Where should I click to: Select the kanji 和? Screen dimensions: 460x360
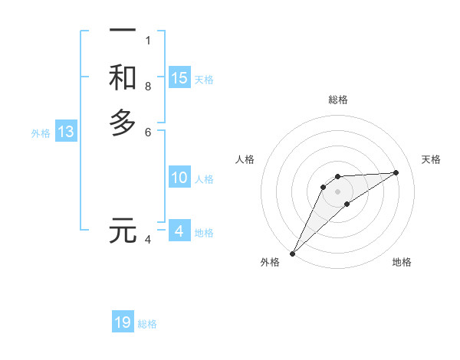(x=123, y=77)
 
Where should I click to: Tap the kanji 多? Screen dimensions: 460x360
(x=123, y=123)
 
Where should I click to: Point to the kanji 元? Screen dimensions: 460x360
(x=123, y=231)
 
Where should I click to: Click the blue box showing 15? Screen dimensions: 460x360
(x=179, y=77)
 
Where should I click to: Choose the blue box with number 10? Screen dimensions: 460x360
(x=179, y=178)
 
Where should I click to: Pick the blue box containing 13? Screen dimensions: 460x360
(x=67, y=132)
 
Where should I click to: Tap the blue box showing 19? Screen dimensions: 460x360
(x=123, y=322)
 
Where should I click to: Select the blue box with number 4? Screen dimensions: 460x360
(x=179, y=231)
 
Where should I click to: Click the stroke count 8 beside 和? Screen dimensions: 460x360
(x=148, y=86)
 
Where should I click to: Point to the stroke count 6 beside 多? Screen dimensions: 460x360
(x=148, y=132)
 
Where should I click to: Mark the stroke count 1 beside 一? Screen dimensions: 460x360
(x=148, y=40)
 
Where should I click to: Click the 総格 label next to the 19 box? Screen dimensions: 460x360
(x=147, y=324)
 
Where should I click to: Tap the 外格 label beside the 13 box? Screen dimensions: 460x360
(x=41, y=133)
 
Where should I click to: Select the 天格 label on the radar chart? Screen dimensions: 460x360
(x=431, y=159)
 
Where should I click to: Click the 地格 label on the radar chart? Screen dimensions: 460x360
(x=402, y=262)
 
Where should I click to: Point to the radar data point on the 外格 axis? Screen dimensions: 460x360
(x=292, y=253)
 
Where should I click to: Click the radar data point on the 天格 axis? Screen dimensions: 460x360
(x=396, y=172)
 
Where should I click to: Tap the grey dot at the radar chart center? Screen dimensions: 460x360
(x=337, y=191)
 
